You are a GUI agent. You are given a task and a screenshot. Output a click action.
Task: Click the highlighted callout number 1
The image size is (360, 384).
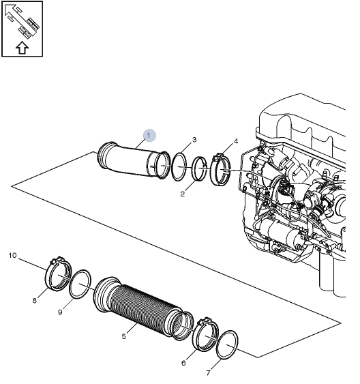(149, 134)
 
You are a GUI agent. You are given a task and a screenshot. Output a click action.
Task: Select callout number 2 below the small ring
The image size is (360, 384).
(183, 194)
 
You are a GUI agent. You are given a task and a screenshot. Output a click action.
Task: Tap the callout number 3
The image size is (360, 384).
(194, 140)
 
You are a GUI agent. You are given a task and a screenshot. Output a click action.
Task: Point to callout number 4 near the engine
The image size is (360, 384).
(236, 141)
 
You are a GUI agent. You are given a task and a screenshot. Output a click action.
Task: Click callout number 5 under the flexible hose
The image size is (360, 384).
(123, 336)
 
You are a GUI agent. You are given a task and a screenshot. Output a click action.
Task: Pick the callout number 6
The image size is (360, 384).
(183, 363)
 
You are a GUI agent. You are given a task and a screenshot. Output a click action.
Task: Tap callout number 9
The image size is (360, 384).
(61, 312)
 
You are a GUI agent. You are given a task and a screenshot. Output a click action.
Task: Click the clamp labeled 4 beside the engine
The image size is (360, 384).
(221, 171)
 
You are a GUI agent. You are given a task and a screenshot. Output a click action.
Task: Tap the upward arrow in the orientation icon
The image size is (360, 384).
(22, 47)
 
